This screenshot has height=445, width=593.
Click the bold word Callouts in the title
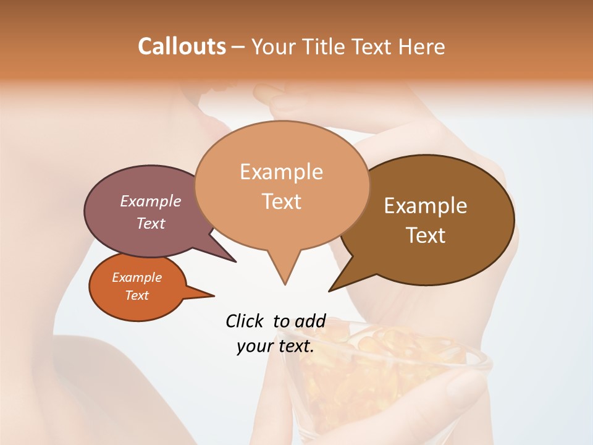tap(182, 46)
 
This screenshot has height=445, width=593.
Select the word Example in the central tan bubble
tap(281, 172)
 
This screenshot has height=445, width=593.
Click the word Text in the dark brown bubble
tap(426, 235)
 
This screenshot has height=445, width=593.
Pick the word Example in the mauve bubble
tap(151, 201)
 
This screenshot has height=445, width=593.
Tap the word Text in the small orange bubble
tap(137, 295)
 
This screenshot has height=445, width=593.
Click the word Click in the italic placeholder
tap(245, 321)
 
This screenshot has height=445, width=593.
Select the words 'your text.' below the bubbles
tap(275, 346)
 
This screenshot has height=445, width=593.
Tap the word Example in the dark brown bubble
tap(426, 205)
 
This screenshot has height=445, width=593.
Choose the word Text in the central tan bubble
tap(282, 201)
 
